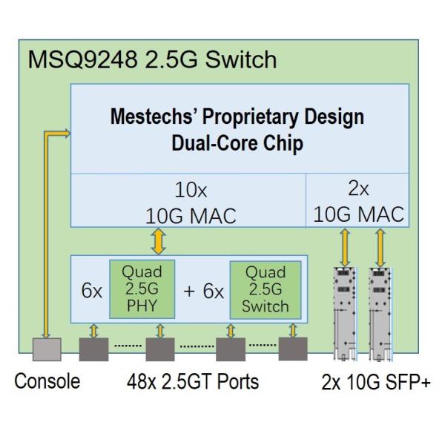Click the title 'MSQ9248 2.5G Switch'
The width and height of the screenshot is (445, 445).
tap(152, 60)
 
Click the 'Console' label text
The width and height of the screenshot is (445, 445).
tap(47, 382)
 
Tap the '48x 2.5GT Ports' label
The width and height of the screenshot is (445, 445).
tap(192, 382)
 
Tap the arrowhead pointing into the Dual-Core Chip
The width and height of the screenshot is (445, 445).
tap(66, 133)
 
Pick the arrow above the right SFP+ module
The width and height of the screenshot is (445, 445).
tap(379, 246)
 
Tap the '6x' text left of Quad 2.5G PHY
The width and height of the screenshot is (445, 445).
tap(90, 291)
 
